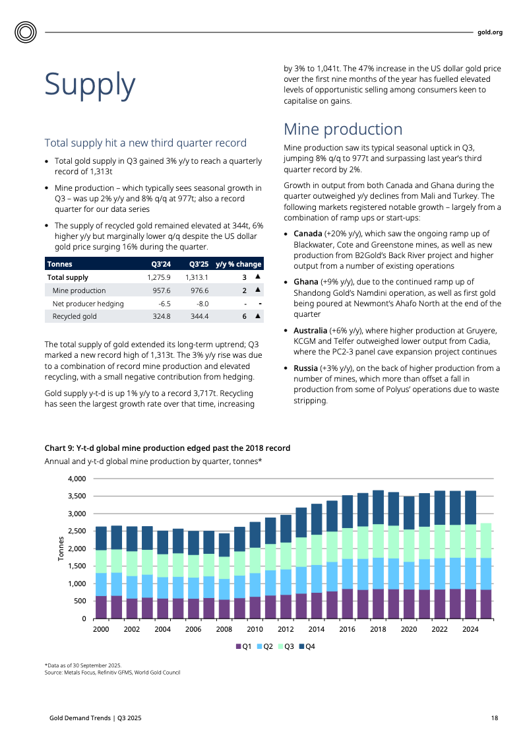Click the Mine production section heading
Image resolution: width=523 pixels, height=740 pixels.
[342, 129]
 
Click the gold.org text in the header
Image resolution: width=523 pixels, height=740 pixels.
[489, 32]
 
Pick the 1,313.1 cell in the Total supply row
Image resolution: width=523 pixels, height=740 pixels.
[197, 277]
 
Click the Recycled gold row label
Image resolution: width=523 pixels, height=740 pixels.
[75, 316]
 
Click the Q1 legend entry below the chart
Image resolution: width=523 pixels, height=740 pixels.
[243, 646]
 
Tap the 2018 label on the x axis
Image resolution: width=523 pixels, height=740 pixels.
[378, 630]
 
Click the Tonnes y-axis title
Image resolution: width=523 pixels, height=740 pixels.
[61, 548]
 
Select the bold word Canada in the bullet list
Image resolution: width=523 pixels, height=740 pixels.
[307, 234]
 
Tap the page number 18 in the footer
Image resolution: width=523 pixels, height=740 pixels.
[494, 718]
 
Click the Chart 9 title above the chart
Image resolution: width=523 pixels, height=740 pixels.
[167, 448]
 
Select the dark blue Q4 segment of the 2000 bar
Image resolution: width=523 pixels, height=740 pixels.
[101, 538]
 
